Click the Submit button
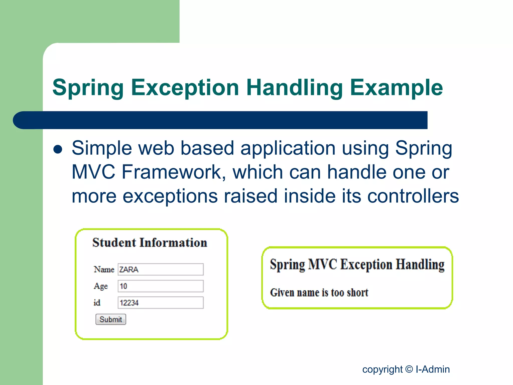click(x=110, y=319)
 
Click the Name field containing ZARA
click(x=161, y=269)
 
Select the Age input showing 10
click(x=161, y=286)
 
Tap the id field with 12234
click(x=161, y=303)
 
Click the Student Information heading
click(x=150, y=243)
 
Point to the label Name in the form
click(x=104, y=269)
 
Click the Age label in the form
click(x=101, y=286)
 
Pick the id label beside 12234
click(x=97, y=303)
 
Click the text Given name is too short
click(x=319, y=293)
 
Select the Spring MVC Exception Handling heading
click(x=357, y=265)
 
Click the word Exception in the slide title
click(x=185, y=87)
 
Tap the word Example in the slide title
click(x=397, y=87)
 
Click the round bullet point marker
click(x=58, y=149)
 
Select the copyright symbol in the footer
click(x=409, y=369)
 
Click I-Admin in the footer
click(x=433, y=369)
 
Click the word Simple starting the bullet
click(x=102, y=148)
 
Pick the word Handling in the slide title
click(x=295, y=87)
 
